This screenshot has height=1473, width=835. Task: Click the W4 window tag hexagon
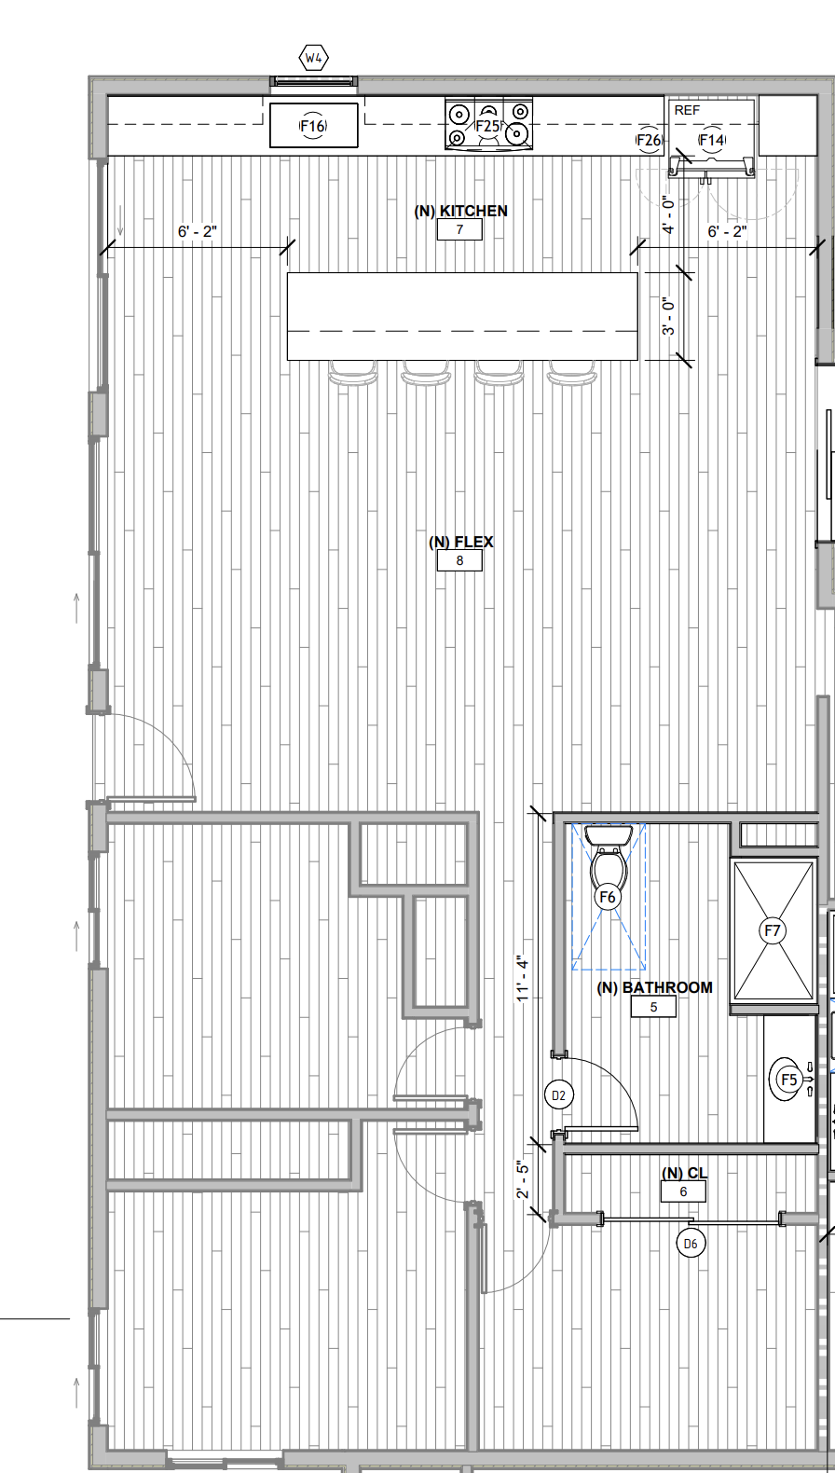click(x=314, y=59)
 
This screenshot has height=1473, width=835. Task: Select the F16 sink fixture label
click(x=314, y=126)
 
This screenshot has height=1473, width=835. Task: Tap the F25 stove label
click(x=487, y=126)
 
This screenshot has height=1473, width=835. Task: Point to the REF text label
click(x=687, y=110)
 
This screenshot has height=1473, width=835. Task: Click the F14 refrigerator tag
click(x=712, y=140)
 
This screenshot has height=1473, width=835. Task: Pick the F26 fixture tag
click(x=649, y=140)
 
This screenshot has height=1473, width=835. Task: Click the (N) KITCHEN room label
click(x=461, y=211)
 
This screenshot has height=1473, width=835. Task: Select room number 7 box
click(x=459, y=229)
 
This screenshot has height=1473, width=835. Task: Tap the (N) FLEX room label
click(x=461, y=542)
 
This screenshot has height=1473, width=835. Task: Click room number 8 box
click(x=459, y=560)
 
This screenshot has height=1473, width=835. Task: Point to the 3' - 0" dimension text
click(x=668, y=316)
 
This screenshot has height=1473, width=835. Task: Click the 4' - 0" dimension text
click(x=668, y=214)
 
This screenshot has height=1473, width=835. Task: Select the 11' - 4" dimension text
click(x=522, y=979)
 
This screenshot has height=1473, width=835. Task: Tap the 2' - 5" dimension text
click(x=522, y=1179)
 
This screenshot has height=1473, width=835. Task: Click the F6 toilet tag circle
click(x=608, y=897)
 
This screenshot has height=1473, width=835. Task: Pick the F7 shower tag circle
click(x=773, y=930)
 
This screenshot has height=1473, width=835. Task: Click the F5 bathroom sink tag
click(x=788, y=1079)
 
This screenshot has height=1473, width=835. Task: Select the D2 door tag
click(x=559, y=1094)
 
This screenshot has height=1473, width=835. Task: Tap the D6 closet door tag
click(x=691, y=1244)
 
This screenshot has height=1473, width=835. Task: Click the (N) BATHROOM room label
click(x=655, y=987)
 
